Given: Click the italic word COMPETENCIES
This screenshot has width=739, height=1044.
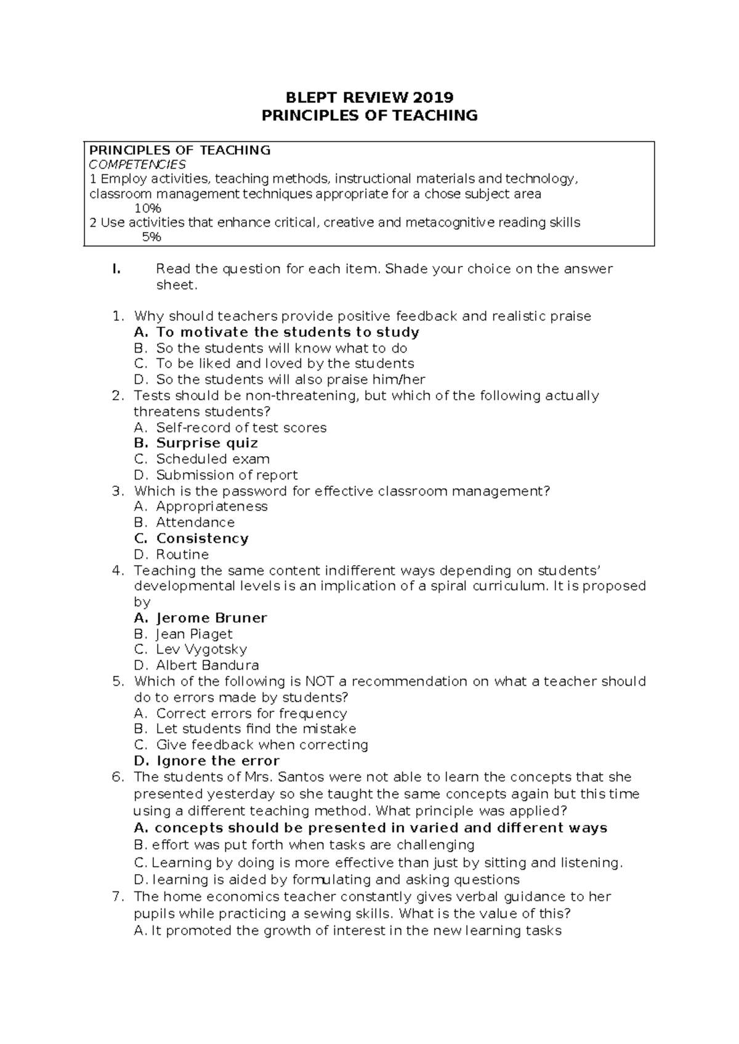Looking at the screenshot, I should click(137, 164).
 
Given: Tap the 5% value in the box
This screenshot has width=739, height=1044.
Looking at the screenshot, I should click(151, 237).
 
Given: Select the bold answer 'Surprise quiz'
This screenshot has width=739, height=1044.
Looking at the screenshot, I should click(207, 443).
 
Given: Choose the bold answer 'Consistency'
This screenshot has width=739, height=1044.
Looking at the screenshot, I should click(202, 539).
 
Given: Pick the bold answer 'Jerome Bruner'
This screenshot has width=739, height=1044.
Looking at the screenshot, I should click(211, 618).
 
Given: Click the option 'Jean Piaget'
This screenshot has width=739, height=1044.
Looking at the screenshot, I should click(194, 634).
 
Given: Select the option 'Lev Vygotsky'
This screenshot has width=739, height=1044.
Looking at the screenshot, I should click(201, 649).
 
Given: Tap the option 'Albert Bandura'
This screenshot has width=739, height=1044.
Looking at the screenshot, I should click(207, 665).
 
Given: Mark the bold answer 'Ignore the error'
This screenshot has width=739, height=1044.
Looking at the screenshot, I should click(217, 761).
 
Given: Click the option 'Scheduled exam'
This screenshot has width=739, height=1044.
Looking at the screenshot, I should click(212, 459).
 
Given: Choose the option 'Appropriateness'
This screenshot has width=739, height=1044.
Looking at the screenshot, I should click(212, 507).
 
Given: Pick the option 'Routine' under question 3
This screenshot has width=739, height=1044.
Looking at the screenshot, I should click(182, 554).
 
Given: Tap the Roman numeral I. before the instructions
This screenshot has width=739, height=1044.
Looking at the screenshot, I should click(115, 269).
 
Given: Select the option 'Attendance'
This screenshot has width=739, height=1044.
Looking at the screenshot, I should click(195, 523).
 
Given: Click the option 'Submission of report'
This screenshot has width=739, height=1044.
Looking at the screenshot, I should click(227, 475).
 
